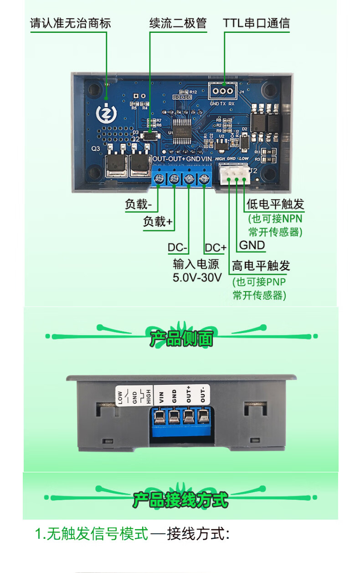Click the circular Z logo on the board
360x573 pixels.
pos(106,113)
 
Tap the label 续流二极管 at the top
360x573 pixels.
pos(178,24)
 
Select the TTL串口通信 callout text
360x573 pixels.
pos(256,24)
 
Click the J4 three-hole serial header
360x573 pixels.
pos(223,91)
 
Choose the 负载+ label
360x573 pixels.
pos(158,222)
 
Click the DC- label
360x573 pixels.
pos(178,248)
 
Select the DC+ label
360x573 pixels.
pos(215,248)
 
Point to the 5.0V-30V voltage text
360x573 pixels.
pos(197,277)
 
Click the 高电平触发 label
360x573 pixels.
pos(261,266)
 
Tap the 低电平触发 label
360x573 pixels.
pos(275,204)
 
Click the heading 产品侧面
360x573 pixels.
pos(181,338)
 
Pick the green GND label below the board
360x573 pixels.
pos(252,245)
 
